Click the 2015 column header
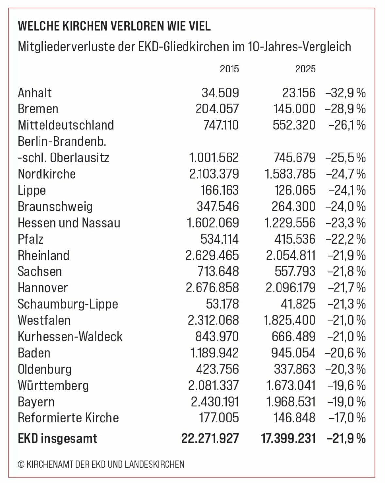click(x=229, y=69)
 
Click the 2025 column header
click(x=305, y=69)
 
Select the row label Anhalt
click(x=35, y=93)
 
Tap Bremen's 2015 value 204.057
click(x=217, y=109)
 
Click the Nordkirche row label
click(x=47, y=174)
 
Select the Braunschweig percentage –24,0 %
click(x=345, y=206)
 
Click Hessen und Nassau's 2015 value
click(x=213, y=223)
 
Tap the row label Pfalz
click(x=31, y=239)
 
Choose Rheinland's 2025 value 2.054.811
click(x=291, y=255)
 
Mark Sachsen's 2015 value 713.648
click(x=218, y=271)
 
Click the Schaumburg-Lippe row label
click(x=68, y=304)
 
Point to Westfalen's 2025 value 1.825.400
click(x=290, y=320)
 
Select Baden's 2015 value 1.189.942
click(x=214, y=353)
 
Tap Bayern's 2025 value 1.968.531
click(x=291, y=402)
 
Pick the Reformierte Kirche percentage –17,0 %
click(x=346, y=418)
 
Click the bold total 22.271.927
click(x=210, y=438)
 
